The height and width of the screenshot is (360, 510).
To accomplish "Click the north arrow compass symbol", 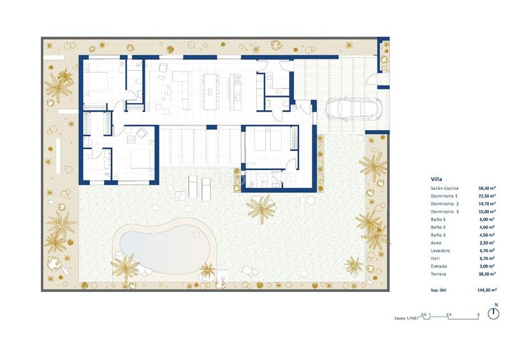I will click(493, 313).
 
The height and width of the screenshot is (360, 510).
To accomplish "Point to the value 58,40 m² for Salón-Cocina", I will click(488, 189).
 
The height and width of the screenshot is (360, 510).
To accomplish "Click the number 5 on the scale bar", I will click(479, 315).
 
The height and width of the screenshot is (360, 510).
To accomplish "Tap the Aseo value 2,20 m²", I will click(489, 242).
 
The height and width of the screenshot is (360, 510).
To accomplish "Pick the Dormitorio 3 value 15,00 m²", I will click(488, 212).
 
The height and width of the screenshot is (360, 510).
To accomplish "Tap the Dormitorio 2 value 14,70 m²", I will click(488, 204).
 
